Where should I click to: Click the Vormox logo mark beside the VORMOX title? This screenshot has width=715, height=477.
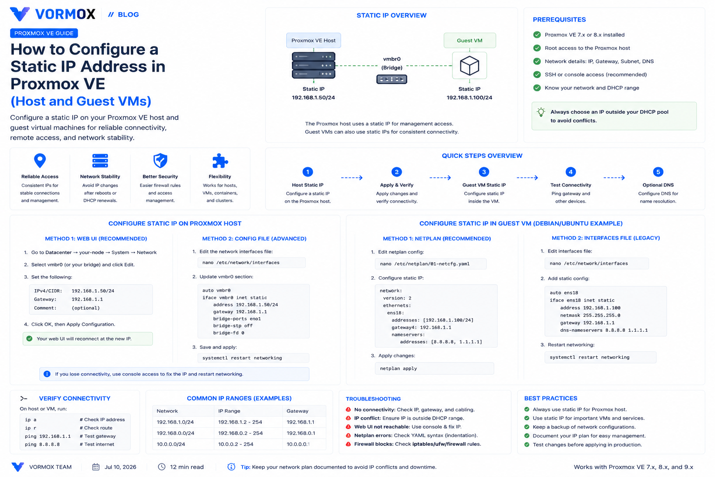(x=20, y=14)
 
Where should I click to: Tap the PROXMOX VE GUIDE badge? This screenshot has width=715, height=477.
(x=44, y=33)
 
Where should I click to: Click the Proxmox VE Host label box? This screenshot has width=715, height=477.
(x=313, y=41)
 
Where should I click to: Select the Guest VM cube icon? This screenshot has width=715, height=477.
(x=469, y=66)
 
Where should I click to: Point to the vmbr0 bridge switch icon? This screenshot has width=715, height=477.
(x=391, y=79)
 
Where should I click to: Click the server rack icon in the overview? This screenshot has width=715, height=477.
(x=313, y=65)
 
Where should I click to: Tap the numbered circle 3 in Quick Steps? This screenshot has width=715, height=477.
(x=484, y=172)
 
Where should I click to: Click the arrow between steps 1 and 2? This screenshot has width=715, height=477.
(x=352, y=177)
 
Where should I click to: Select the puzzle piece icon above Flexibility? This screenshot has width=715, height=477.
(x=220, y=161)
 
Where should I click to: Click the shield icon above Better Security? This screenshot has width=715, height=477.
(x=160, y=160)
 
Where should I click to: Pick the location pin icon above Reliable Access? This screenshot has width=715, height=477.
(x=40, y=160)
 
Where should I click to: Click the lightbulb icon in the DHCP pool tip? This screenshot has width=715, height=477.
(x=541, y=112)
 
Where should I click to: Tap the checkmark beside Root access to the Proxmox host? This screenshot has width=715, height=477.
(x=537, y=48)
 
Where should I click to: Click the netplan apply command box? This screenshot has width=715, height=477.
(x=434, y=368)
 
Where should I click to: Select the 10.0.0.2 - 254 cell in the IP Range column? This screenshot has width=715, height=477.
(x=236, y=444)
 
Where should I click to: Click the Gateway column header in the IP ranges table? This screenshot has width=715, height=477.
(x=297, y=411)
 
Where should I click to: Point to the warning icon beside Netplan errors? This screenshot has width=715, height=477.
(x=348, y=436)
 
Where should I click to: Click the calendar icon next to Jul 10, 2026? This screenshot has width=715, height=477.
(x=96, y=467)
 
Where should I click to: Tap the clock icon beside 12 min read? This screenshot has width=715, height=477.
(x=162, y=467)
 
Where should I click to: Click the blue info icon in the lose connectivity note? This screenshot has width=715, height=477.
(x=47, y=374)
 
